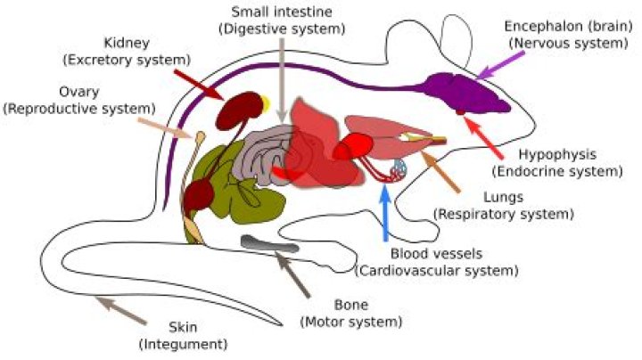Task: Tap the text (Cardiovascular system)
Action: (x=437, y=269)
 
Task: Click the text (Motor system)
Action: (x=352, y=321)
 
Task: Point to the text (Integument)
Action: (x=183, y=343)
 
